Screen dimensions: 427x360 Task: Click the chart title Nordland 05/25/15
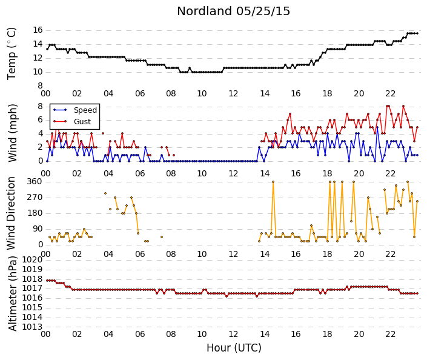click(x=233, y=11)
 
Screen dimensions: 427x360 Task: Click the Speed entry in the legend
click(x=85, y=110)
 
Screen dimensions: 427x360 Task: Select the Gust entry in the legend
click(x=82, y=122)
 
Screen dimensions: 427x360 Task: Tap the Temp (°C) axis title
click(x=12, y=54)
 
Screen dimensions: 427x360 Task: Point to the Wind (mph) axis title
click(x=12, y=133)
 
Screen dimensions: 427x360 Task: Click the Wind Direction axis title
click(x=11, y=213)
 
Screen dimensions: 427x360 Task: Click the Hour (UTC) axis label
click(x=234, y=348)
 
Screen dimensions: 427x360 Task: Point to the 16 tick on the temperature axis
click(x=38, y=30)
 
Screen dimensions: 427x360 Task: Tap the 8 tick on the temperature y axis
click(x=41, y=86)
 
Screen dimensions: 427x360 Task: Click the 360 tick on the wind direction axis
click(x=35, y=181)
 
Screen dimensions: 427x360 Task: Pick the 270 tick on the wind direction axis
click(x=35, y=198)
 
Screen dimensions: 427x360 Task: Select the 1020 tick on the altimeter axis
click(x=33, y=259)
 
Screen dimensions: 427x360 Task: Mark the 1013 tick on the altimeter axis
click(x=33, y=327)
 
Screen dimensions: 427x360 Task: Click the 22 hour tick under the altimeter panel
click(x=390, y=334)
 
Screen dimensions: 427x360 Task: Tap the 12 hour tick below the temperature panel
click(x=233, y=94)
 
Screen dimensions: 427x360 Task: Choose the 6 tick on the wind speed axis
click(x=41, y=119)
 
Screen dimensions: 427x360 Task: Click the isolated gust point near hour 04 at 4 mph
click(x=103, y=133)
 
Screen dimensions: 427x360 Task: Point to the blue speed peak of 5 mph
click(x=377, y=127)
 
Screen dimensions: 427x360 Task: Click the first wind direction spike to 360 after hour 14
click(x=273, y=182)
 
